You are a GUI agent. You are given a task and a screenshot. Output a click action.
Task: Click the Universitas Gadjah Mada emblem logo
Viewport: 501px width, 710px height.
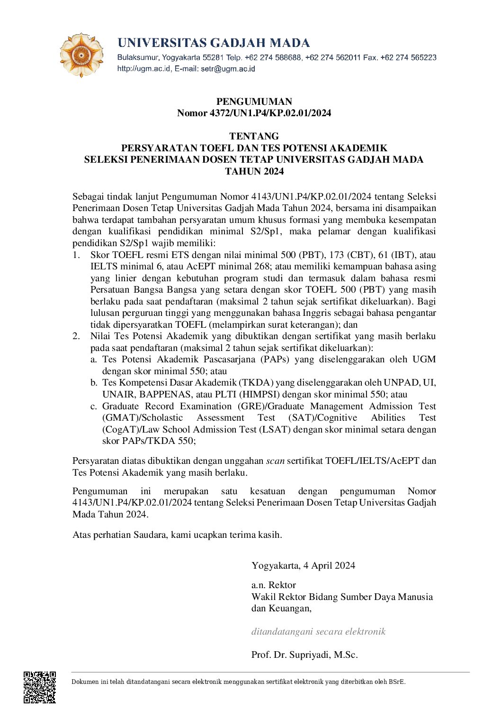pos(81,55)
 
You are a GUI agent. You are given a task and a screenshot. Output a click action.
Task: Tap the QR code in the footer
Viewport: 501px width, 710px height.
pos(40,687)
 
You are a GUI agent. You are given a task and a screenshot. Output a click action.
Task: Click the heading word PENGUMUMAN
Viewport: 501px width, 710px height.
pos(254,101)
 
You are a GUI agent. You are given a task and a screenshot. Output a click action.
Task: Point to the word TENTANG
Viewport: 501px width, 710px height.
pos(254,136)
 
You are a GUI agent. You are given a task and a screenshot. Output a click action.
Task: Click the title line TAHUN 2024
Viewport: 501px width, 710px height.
pos(254,171)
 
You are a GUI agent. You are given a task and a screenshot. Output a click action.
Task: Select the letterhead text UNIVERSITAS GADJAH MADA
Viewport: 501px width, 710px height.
pos(214,43)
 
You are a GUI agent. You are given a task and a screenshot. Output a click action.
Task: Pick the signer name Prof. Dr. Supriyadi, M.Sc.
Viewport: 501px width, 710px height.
pos(304,655)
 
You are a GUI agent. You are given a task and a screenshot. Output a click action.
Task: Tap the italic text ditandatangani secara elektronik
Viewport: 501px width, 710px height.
pos(318,632)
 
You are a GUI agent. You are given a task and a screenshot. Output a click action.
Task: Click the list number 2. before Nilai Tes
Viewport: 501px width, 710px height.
pos(76,336)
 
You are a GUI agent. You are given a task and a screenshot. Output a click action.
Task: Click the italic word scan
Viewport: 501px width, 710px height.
pos(275,461)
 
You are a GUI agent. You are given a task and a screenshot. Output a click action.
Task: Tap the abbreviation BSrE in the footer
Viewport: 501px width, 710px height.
pos(397,682)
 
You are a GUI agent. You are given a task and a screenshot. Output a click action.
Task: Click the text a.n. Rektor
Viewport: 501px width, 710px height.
pos(274,585)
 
